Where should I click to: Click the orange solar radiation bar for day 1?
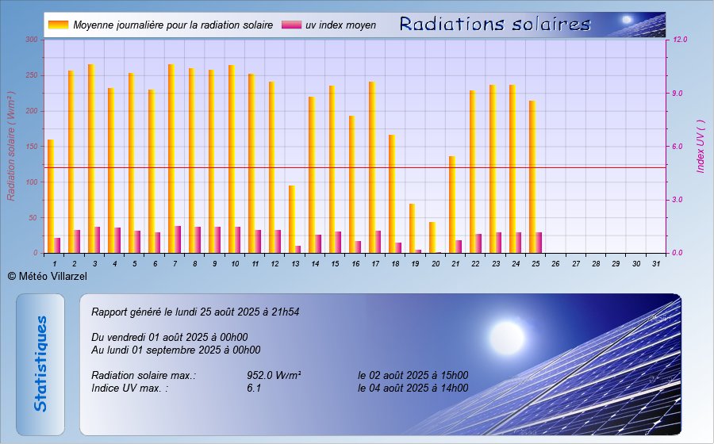51,197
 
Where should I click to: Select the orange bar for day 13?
291,220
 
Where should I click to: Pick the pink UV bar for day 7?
178,239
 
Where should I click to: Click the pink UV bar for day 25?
539,243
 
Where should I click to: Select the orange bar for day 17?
372,167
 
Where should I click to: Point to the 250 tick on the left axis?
32,75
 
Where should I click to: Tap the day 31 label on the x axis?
656,264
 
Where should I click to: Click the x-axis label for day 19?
415,264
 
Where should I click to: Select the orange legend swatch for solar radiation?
58,25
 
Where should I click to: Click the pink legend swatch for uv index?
291,25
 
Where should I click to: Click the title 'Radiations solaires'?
495,24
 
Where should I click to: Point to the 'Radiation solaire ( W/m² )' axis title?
11,146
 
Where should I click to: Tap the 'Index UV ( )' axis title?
701,146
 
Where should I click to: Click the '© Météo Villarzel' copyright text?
48,276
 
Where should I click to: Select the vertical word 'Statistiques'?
40,364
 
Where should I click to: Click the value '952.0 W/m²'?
274,375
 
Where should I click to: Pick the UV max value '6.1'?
254,388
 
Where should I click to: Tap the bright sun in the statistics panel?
507,337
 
